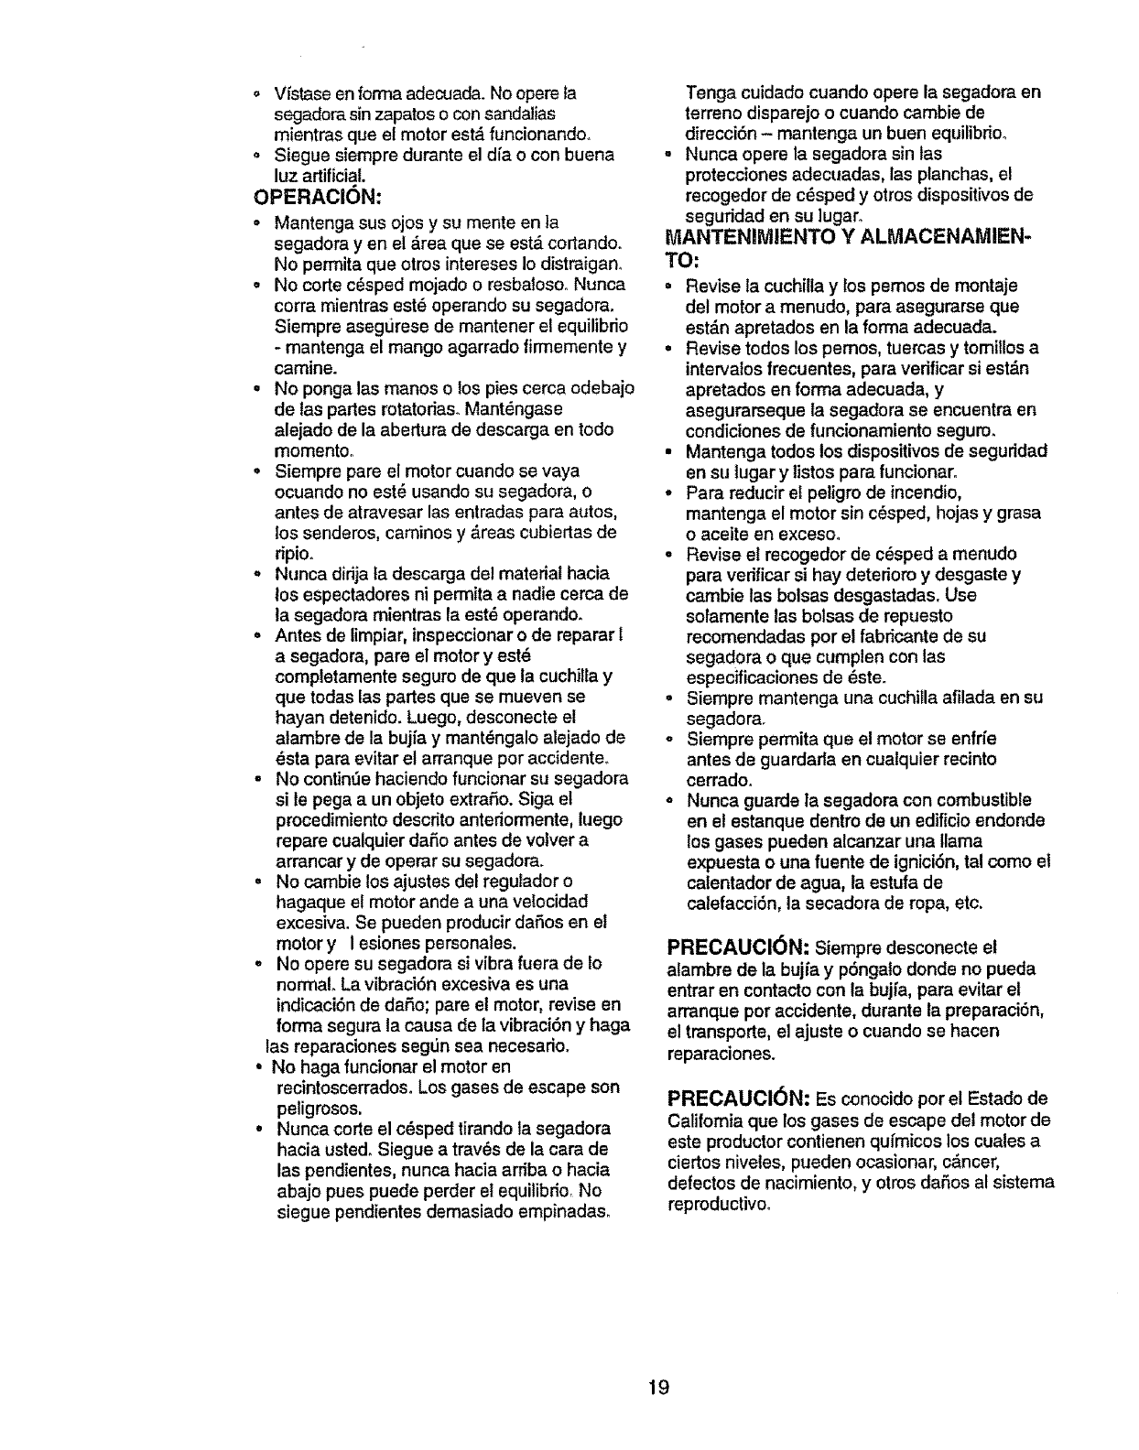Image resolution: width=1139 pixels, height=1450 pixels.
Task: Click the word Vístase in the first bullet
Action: [x=298, y=92]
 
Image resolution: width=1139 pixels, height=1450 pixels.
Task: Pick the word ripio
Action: [x=295, y=554]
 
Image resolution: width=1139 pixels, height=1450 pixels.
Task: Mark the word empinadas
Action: [x=560, y=1211]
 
